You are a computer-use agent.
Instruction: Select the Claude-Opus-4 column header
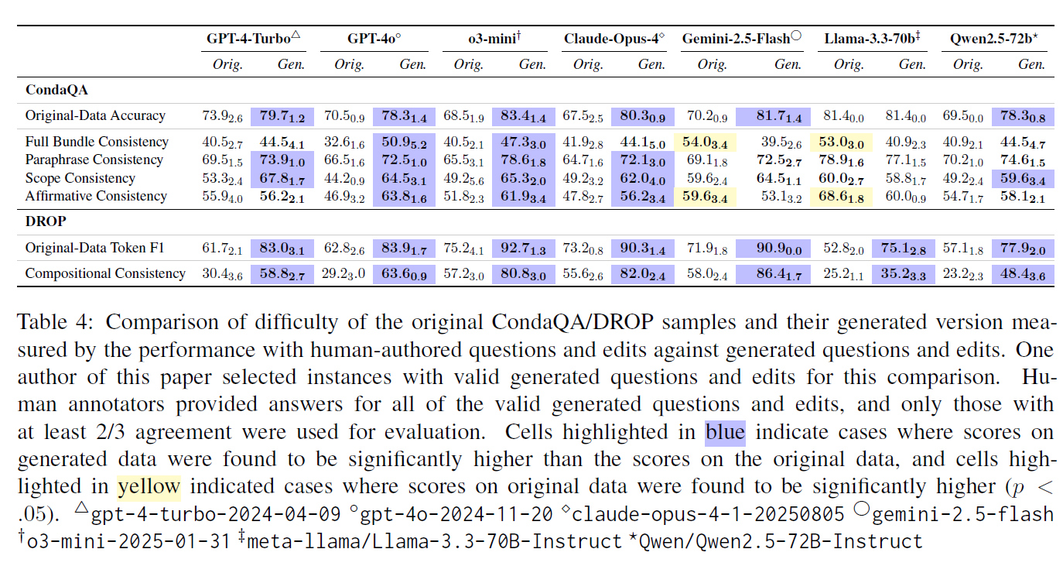tap(614, 38)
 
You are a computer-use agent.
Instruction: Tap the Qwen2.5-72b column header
tap(993, 38)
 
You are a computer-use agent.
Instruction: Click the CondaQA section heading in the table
tap(56, 90)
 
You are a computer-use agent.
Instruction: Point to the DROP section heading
tap(45, 221)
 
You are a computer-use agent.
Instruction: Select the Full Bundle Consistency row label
tap(97, 142)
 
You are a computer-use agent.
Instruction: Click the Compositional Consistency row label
tap(105, 273)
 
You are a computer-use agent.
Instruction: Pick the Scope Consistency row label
tap(80, 178)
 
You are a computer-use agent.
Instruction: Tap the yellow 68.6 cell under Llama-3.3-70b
tap(843, 196)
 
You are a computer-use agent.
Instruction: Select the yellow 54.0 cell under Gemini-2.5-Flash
tap(705, 142)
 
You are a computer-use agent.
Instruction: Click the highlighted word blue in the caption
tap(725, 431)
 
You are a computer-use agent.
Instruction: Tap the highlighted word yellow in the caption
tap(149, 486)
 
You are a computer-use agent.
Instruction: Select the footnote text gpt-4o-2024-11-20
tap(456, 513)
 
